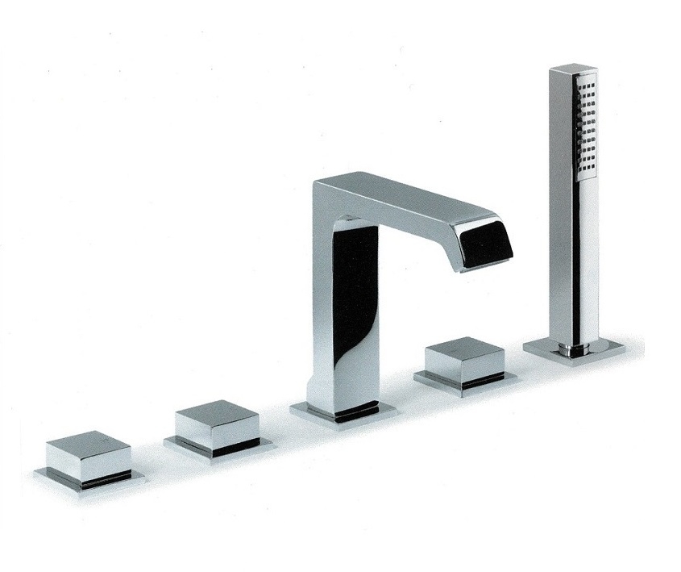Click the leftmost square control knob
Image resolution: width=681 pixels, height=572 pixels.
pos(88,457)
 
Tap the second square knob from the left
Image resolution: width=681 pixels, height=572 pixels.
pos(217,425)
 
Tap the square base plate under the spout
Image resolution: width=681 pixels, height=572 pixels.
pos(343,411)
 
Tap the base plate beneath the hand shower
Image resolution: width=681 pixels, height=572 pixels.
pos(574,351)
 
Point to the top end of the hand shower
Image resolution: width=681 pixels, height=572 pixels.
pos(573,69)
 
